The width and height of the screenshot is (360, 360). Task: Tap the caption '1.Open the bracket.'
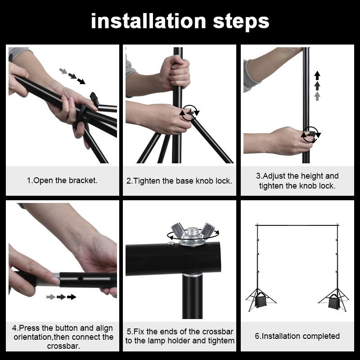62,180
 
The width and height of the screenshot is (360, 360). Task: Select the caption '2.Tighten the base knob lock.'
179,181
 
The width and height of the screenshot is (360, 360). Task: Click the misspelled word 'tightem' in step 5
220,341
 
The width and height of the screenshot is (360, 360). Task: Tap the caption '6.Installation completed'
297,336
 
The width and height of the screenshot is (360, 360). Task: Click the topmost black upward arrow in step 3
317,74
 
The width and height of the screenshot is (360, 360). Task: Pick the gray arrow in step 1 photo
63,71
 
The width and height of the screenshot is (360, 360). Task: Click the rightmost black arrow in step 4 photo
72,297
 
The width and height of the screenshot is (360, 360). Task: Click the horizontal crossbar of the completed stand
297,224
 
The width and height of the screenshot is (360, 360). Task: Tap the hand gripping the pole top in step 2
175,72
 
